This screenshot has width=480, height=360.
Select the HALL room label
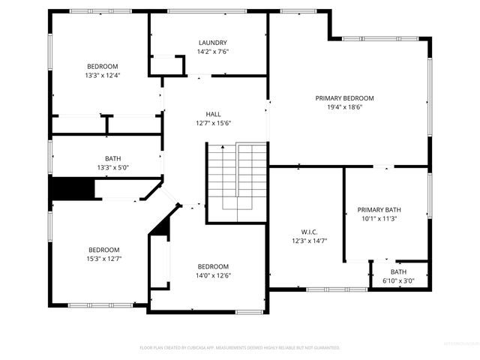click(213, 114)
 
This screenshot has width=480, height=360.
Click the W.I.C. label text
click(308, 232)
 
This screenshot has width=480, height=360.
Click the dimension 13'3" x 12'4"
click(103, 75)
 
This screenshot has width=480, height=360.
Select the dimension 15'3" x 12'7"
click(104, 259)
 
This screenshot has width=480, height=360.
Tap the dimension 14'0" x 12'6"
click(214, 275)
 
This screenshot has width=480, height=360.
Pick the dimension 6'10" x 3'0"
click(398, 280)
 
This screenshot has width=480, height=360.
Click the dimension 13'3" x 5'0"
click(113, 167)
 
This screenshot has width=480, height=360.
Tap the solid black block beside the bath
click(72, 188)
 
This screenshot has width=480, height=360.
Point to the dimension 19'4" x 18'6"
click(344, 107)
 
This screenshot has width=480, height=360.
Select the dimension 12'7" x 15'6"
click(213, 123)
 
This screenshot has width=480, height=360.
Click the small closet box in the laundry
click(167, 64)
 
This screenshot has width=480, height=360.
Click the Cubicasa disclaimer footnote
click(240, 347)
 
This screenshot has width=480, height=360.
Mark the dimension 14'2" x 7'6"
click(213, 52)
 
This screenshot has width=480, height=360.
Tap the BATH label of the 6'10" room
click(398, 271)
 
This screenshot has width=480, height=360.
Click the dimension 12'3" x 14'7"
click(308, 241)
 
